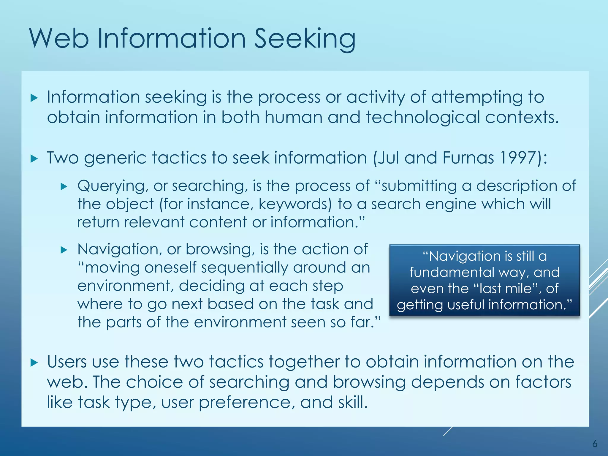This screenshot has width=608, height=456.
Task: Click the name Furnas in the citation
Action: (x=468, y=158)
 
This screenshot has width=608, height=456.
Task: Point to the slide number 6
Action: (x=595, y=444)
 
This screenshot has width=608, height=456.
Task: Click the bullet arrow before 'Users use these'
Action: (x=34, y=362)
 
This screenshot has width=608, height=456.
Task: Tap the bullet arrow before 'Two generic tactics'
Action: (x=34, y=159)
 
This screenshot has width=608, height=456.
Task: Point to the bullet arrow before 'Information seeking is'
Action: (x=34, y=98)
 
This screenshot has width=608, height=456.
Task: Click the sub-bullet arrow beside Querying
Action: (x=64, y=186)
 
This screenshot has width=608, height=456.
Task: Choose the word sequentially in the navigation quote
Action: (x=245, y=268)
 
